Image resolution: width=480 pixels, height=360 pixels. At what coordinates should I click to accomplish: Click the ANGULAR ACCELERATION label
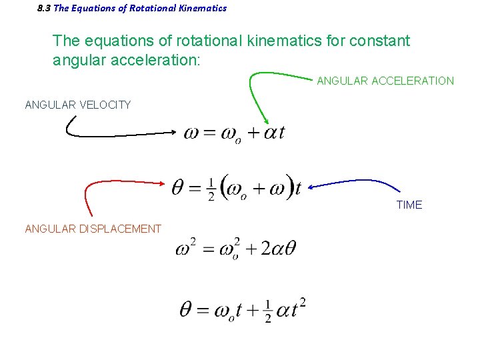[x=385, y=81]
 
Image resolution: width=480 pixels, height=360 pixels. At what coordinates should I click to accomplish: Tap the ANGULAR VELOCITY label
[x=77, y=105]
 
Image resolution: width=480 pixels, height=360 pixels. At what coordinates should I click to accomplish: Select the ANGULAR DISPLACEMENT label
[x=93, y=229]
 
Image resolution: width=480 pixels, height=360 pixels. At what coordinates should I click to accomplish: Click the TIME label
[x=409, y=205]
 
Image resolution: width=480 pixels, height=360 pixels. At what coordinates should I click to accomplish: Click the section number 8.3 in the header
[x=44, y=9]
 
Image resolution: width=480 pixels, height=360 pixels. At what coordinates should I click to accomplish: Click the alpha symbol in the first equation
[x=270, y=133]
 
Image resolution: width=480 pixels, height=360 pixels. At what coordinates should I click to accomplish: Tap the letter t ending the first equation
[x=281, y=133]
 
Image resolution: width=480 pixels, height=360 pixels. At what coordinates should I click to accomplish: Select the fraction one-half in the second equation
[x=211, y=189]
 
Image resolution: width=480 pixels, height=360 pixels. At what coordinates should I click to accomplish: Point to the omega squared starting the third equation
[x=186, y=248]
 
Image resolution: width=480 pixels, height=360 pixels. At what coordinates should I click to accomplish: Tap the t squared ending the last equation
[x=297, y=309]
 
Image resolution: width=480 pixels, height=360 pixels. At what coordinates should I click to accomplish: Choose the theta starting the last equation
[x=187, y=310]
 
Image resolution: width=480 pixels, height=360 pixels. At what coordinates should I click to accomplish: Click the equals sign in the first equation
[x=209, y=133]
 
